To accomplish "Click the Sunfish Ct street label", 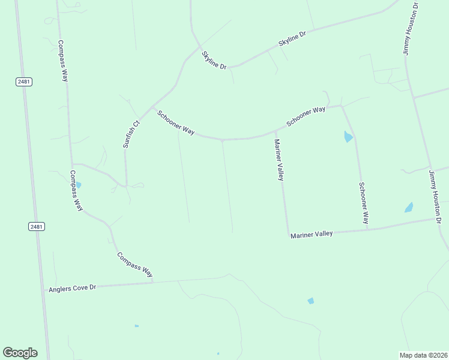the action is [x=131, y=134].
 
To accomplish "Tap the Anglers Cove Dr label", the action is [x=72, y=289].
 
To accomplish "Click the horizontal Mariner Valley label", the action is [x=312, y=234].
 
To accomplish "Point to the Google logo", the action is [x=20, y=353].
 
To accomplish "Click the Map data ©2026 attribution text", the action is [x=423, y=355].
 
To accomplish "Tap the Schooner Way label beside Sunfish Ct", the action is [x=176, y=122].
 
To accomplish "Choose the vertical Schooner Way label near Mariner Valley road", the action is [x=363, y=203].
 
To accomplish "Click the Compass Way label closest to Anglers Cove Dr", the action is [x=134, y=264].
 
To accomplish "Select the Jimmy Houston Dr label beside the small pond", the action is [x=435, y=197].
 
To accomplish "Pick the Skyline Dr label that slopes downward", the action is [x=214, y=60].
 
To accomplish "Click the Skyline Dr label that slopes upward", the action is [x=292, y=40].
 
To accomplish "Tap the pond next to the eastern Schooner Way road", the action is [x=348, y=137].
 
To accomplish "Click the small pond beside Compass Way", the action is [x=79, y=185].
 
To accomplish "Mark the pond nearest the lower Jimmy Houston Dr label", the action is [x=409, y=208].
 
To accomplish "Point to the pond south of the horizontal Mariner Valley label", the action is [x=310, y=301].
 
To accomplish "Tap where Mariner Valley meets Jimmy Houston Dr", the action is [x=435, y=219].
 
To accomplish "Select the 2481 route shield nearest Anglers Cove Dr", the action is [x=37, y=226].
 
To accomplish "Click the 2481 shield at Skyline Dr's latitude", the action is [x=24, y=82].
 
